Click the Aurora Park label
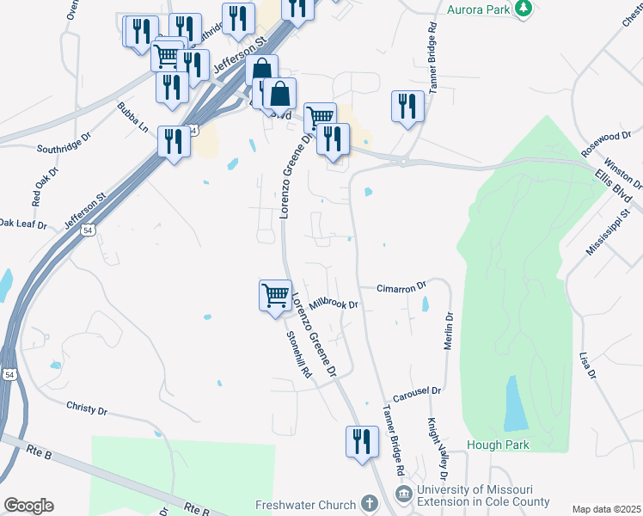[478, 9]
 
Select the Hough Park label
[498, 445]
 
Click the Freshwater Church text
[305, 504]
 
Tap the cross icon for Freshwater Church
[369, 503]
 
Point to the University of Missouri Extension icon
[403, 494]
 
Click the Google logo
[28, 506]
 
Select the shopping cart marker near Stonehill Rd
[275, 295]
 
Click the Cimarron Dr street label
[402, 286]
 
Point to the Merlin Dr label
[448, 329]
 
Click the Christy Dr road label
[87, 410]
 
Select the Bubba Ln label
[133, 118]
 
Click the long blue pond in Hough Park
[516, 404]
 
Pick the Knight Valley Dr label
[437, 449]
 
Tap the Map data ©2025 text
[606, 509]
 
